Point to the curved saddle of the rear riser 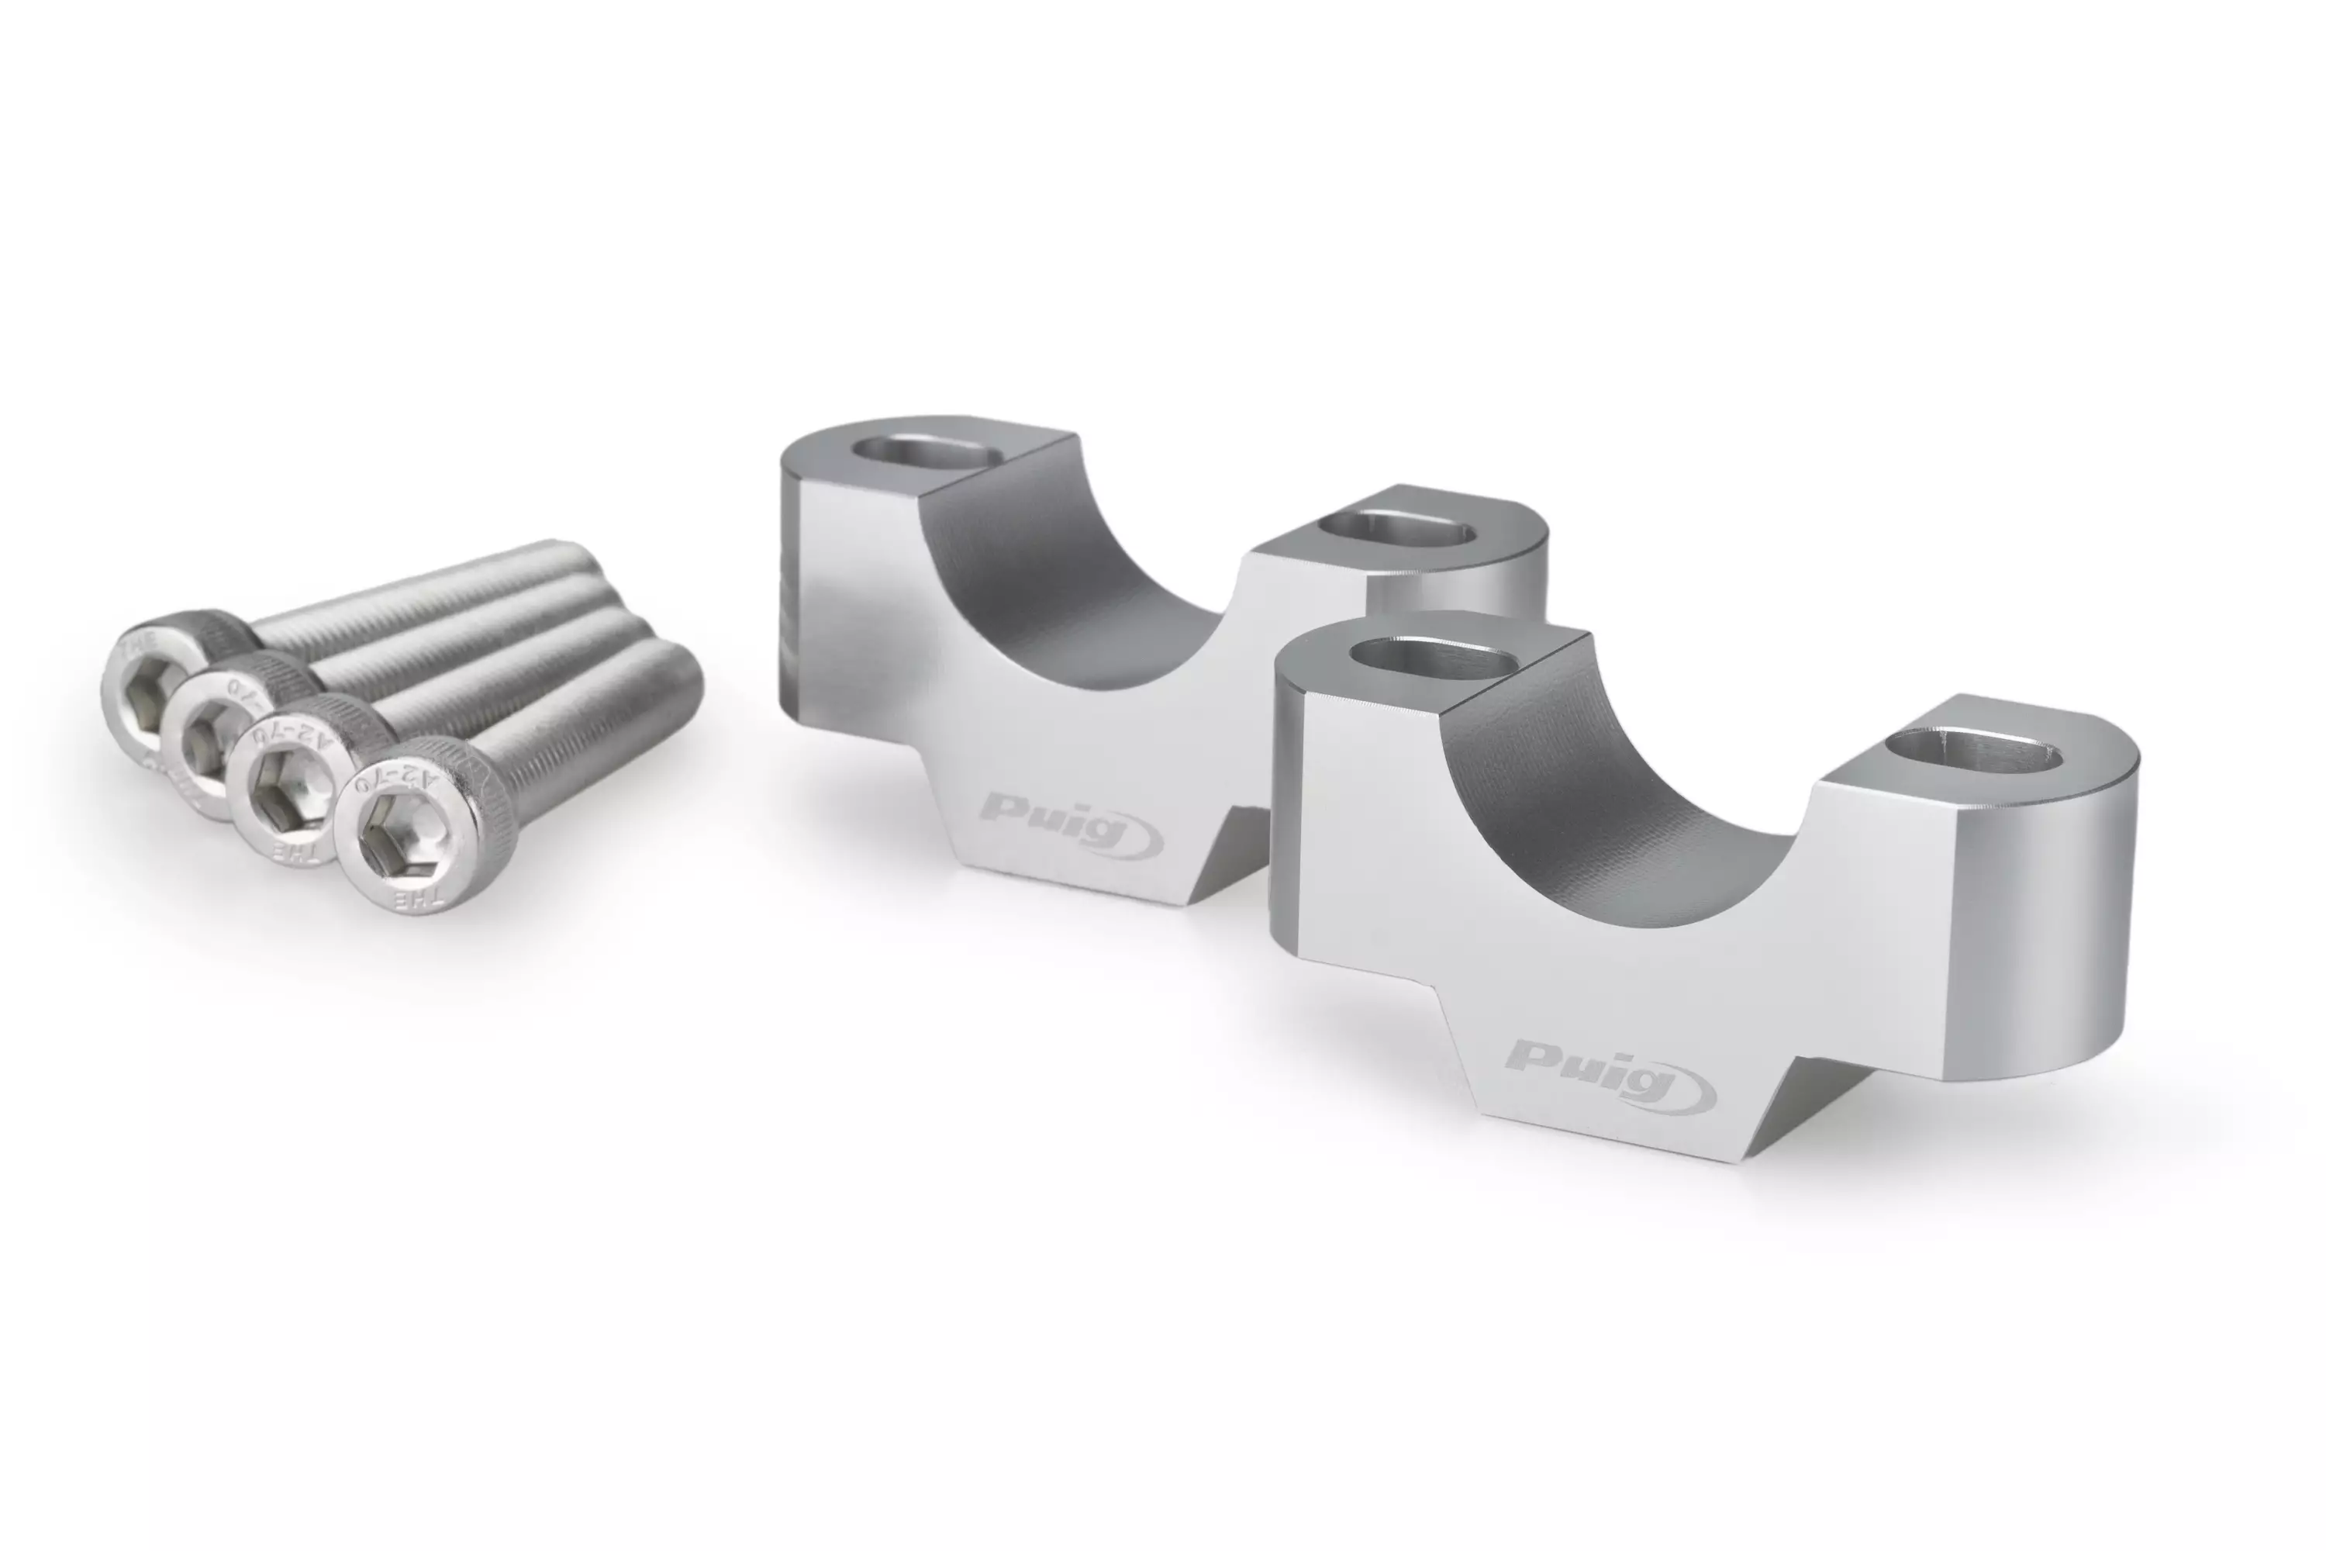pos(1078,574)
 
